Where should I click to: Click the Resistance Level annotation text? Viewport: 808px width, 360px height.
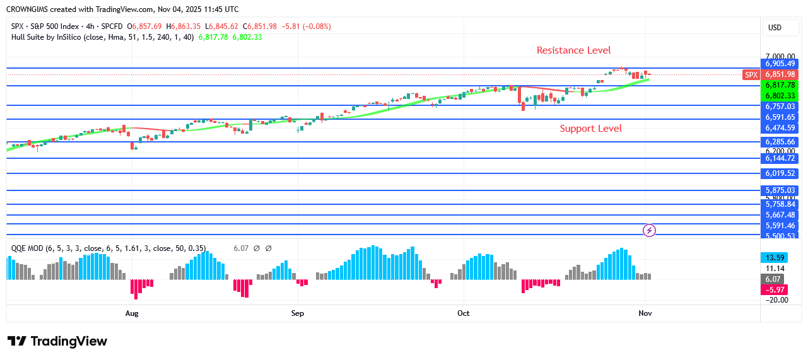point(573,50)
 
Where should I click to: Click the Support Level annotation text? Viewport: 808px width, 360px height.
point(590,129)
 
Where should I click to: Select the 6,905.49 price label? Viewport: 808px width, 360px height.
point(781,64)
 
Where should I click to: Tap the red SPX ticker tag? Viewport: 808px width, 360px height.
point(751,74)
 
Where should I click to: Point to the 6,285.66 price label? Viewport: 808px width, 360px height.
point(781,142)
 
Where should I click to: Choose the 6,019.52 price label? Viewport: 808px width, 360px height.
point(781,173)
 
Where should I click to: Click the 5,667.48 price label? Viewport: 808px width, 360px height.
point(781,215)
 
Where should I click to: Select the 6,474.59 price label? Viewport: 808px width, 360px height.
point(781,128)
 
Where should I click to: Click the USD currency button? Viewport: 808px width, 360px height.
point(775,28)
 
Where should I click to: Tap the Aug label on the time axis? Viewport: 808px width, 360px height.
point(132,313)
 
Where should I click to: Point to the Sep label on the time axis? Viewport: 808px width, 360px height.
point(298,313)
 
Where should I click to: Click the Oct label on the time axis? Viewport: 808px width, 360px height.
point(464,313)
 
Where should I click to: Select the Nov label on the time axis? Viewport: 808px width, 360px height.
point(645,313)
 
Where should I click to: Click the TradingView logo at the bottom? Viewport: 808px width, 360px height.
point(57,341)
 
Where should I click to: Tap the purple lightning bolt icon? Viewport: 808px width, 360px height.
point(649,230)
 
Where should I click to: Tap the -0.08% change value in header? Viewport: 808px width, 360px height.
point(317,26)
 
